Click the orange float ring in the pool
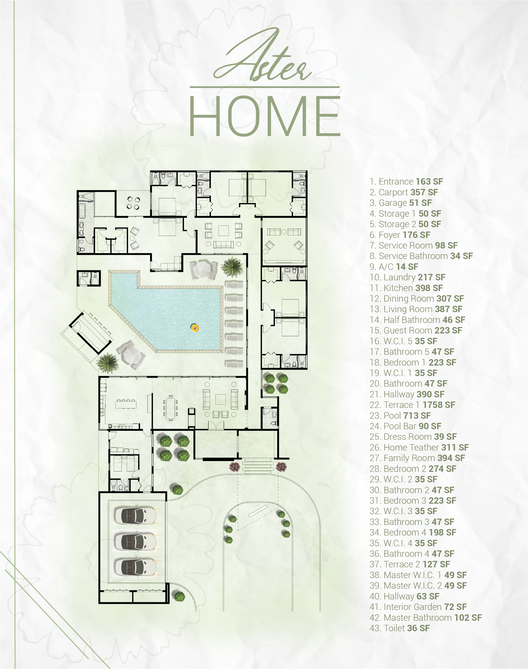tap(195, 328)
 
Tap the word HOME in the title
tap(265, 116)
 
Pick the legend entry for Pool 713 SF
tap(400, 416)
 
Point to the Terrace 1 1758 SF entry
tap(412, 405)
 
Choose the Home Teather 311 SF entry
tap(419, 447)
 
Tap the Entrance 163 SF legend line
tap(406, 181)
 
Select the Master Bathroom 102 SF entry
tap(426, 618)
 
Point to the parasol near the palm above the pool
tap(203, 269)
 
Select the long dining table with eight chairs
tap(170, 408)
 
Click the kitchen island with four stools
tap(126, 403)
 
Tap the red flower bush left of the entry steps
tap(234, 466)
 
